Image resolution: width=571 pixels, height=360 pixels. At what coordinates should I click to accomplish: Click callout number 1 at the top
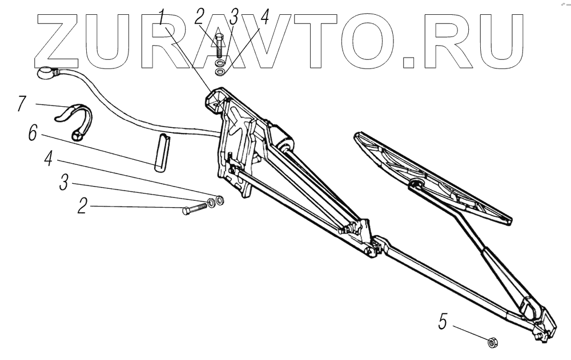164,17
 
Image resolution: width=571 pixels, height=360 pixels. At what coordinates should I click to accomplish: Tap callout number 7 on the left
21,103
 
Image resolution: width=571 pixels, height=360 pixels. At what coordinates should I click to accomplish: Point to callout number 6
33,135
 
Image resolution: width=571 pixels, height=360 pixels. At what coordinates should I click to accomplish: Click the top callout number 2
199,17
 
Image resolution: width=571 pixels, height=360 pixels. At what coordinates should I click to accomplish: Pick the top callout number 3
234,17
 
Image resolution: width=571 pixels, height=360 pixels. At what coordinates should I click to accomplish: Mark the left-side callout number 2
83,205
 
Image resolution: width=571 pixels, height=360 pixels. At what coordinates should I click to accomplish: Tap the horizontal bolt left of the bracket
194,209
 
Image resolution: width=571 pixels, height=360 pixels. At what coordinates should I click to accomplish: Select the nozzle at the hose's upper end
46,72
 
